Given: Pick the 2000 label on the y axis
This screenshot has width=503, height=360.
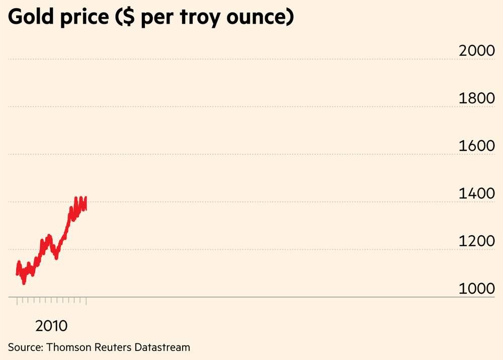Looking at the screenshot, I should (x=477, y=51).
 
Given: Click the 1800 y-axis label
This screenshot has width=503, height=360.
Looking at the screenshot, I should (x=477, y=99).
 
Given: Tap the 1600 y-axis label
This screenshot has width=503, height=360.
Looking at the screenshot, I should (x=477, y=146).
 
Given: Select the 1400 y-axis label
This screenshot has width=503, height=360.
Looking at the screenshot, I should (x=477, y=194).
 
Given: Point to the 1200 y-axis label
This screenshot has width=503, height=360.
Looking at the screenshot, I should (x=477, y=241).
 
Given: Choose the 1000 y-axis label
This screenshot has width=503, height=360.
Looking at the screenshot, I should (x=477, y=289).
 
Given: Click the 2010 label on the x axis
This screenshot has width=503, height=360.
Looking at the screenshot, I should (x=51, y=326).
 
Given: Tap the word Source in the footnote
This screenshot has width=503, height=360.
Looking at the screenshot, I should (x=26, y=347).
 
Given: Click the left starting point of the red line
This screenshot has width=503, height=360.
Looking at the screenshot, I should (x=17, y=274).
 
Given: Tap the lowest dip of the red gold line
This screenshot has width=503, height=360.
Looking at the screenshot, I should (x=24, y=283).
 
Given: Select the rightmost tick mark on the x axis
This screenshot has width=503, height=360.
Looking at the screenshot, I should (x=87, y=301).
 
